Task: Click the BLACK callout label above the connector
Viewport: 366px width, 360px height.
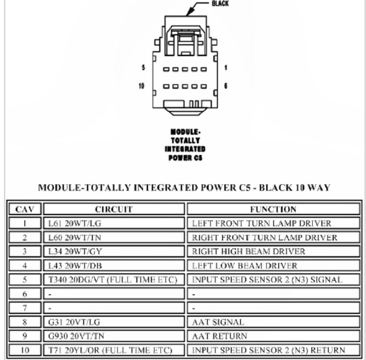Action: [220, 4]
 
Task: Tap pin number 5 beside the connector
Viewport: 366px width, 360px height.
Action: [143, 68]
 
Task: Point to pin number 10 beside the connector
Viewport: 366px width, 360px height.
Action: [142, 86]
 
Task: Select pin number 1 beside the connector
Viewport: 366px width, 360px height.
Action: [225, 68]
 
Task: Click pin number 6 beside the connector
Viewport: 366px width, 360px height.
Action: [225, 86]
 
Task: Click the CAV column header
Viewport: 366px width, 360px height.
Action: [25, 209]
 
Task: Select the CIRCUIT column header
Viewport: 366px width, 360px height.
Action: [114, 209]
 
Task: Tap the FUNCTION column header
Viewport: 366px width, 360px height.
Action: [273, 209]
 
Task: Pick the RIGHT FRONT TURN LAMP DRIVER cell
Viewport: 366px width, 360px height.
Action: [264, 238]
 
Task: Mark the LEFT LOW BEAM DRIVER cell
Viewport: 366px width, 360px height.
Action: [245, 266]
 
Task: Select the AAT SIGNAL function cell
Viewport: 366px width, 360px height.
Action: [218, 322]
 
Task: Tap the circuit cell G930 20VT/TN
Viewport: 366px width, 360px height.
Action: [76, 336]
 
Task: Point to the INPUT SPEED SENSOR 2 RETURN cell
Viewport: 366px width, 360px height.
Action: [268, 350]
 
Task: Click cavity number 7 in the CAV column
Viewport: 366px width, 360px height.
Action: [25, 308]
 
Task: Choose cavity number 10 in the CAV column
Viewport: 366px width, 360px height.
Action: [25, 350]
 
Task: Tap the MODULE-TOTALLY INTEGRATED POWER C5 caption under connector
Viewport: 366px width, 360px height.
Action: [185, 143]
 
